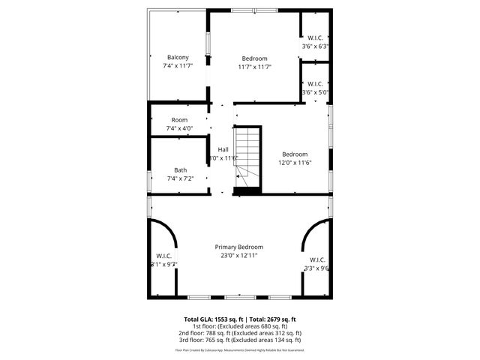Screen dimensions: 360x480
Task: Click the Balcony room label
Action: click(178, 58)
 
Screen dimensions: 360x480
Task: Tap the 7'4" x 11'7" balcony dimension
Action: click(178, 66)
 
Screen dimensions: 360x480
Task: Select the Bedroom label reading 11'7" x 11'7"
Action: click(254, 58)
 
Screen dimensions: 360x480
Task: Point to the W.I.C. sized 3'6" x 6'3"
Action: click(315, 38)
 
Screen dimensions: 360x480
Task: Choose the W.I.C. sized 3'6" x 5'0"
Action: click(315, 84)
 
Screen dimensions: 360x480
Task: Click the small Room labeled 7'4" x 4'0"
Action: click(179, 120)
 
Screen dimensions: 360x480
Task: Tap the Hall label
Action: click(223, 149)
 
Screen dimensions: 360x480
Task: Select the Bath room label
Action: click(181, 169)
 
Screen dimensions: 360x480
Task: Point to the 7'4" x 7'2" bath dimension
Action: click(181, 178)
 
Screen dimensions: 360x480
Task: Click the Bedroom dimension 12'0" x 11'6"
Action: click(295, 163)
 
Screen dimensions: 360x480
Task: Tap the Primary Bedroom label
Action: click(239, 247)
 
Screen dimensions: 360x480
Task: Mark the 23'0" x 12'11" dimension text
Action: click(239, 256)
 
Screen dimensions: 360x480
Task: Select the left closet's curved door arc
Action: click(166, 234)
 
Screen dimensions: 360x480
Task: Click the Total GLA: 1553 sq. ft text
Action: click(211, 319)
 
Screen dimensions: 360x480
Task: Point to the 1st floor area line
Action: click(239, 326)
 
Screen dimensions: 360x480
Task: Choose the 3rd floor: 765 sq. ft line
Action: click(239, 340)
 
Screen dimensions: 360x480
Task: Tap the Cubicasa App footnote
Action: click(239, 349)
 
